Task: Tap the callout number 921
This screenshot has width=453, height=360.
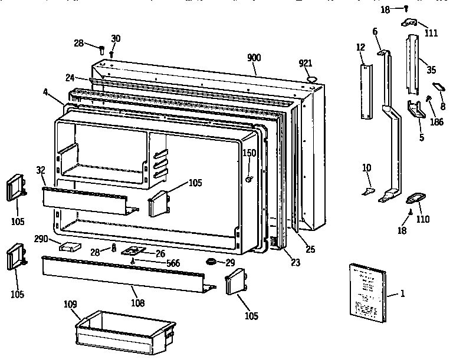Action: point(305,64)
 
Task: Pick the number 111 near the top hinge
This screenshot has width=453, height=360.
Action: point(431,33)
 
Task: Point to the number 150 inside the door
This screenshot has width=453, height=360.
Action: point(250,153)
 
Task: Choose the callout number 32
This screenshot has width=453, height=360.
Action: point(40,170)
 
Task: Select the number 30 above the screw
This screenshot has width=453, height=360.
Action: point(116,38)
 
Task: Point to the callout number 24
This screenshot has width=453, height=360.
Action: point(69,77)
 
